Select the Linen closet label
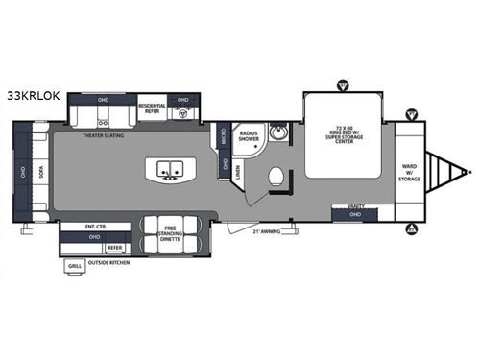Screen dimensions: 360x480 pyautogui.click(x=236, y=172)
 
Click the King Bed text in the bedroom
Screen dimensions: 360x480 pyautogui.click(x=347, y=135)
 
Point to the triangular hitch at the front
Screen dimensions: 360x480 pyautogui.click(x=445, y=175)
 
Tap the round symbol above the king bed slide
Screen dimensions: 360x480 pyautogui.click(x=344, y=85)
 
